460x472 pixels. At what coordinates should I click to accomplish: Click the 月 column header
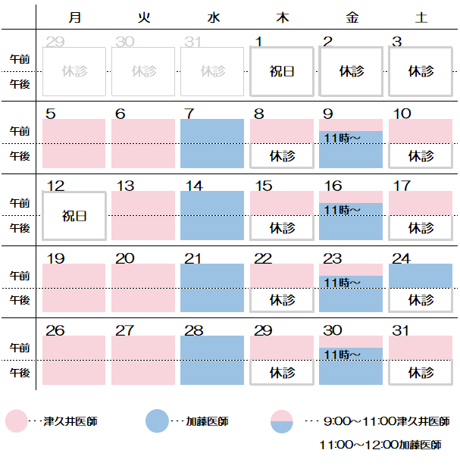point(74,16)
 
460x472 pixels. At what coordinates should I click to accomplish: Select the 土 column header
point(421,16)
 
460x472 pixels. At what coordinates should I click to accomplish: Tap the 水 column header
point(213,16)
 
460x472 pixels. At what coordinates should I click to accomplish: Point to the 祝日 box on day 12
point(74,216)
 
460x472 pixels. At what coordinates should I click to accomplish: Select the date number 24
point(401,258)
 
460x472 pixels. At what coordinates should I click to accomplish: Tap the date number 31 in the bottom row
point(401,330)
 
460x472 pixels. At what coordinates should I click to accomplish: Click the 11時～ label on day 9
point(342,137)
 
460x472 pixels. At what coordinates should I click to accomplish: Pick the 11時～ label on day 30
point(342,354)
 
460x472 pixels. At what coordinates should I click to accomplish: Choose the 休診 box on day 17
point(421,227)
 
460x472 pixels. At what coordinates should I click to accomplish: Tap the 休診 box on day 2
point(351,71)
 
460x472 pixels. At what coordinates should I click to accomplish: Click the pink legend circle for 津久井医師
point(17,421)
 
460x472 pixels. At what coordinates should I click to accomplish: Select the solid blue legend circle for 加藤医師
point(156,421)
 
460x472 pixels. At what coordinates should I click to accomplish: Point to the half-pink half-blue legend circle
point(282,421)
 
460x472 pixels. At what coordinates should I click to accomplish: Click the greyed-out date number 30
point(125,42)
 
